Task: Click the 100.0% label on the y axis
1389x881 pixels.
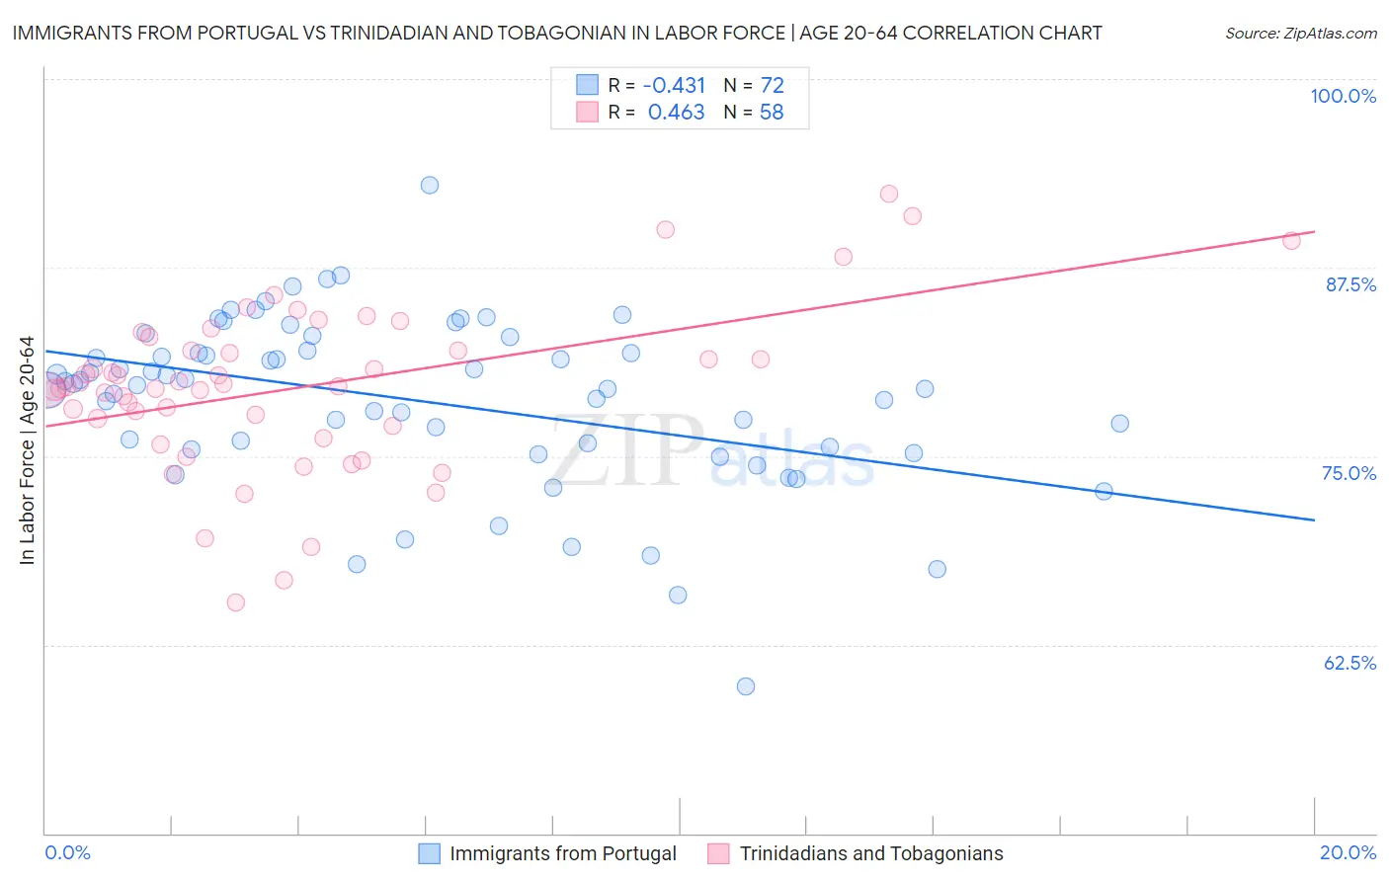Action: (1343, 96)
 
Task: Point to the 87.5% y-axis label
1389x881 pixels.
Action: (1350, 284)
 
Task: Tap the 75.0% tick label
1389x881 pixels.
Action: (1348, 473)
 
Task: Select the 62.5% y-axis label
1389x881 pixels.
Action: (1349, 663)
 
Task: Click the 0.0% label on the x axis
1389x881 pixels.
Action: (67, 852)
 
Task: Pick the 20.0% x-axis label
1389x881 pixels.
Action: (1348, 852)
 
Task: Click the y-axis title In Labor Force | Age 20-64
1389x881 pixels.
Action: (27, 450)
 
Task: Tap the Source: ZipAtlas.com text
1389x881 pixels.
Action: (1300, 34)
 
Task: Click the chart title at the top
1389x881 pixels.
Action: (556, 33)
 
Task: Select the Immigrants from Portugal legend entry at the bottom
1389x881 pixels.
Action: (548, 853)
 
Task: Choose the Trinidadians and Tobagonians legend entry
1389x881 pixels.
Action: (856, 853)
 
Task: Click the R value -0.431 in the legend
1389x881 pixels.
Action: (675, 86)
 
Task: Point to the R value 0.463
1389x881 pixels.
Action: (676, 113)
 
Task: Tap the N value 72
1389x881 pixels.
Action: (772, 86)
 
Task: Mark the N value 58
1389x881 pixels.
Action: (772, 113)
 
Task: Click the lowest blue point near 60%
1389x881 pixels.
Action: (746, 686)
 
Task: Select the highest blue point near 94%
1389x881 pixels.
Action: (430, 185)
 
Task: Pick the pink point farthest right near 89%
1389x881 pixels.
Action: (1291, 240)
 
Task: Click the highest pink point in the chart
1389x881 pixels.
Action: (889, 194)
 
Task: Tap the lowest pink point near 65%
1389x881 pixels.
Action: (236, 602)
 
